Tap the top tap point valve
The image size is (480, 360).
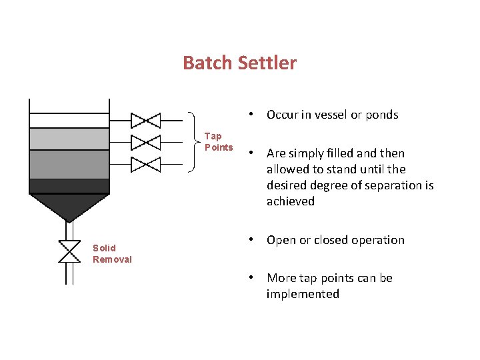(145, 121)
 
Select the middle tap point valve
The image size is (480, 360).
(145, 142)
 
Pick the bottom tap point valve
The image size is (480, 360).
(145, 164)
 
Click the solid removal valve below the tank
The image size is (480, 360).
(69, 251)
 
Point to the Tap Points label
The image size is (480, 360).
(218, 142)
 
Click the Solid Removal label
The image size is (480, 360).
(112, 254)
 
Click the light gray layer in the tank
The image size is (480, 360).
(69, 139)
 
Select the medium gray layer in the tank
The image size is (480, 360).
(69, 164)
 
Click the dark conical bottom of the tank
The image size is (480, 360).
(69, 205)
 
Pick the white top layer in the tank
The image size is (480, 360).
(69, 121)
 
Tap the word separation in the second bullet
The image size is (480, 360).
(394, 185)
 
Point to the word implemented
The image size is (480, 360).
(303, 294)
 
